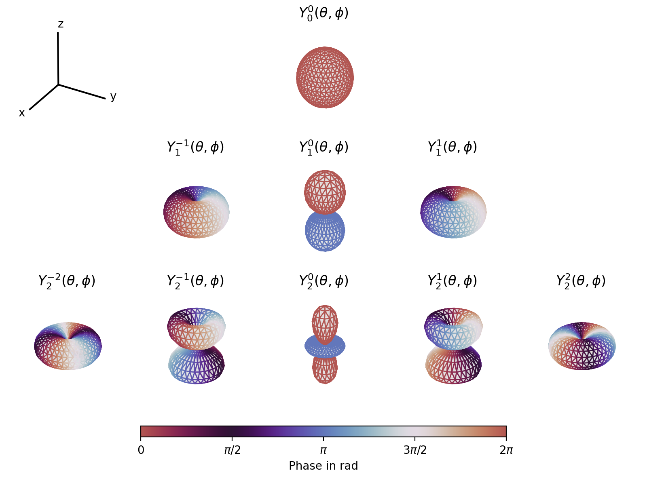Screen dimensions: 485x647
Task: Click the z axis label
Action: (x=61, y=24)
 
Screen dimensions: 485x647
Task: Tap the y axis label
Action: (x=113, y=97)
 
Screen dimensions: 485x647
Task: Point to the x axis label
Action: (x=22, y=113)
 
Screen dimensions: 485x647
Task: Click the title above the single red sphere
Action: (x=323, y=13)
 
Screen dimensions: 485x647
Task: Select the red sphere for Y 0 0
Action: (x=325, y=78)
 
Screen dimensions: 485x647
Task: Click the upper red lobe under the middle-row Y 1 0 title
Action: (x=325, y=192)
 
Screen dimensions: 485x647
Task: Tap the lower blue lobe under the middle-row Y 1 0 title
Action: (x=325, y=231)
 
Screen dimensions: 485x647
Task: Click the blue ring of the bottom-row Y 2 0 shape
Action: (x=325, y=346)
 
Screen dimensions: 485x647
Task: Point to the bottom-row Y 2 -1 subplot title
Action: (x=195, y=281)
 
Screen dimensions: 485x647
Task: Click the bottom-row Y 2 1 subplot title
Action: (x=452, y=281)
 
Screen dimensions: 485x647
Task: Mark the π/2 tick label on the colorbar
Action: (x=232, y=450)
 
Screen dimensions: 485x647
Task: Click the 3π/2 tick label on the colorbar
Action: (x=415, y=450)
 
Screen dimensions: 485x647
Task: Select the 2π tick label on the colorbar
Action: (x=506, y=450)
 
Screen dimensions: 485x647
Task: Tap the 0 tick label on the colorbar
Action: (x=141, y=450)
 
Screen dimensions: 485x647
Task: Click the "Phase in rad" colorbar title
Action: (x=323, y=466)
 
